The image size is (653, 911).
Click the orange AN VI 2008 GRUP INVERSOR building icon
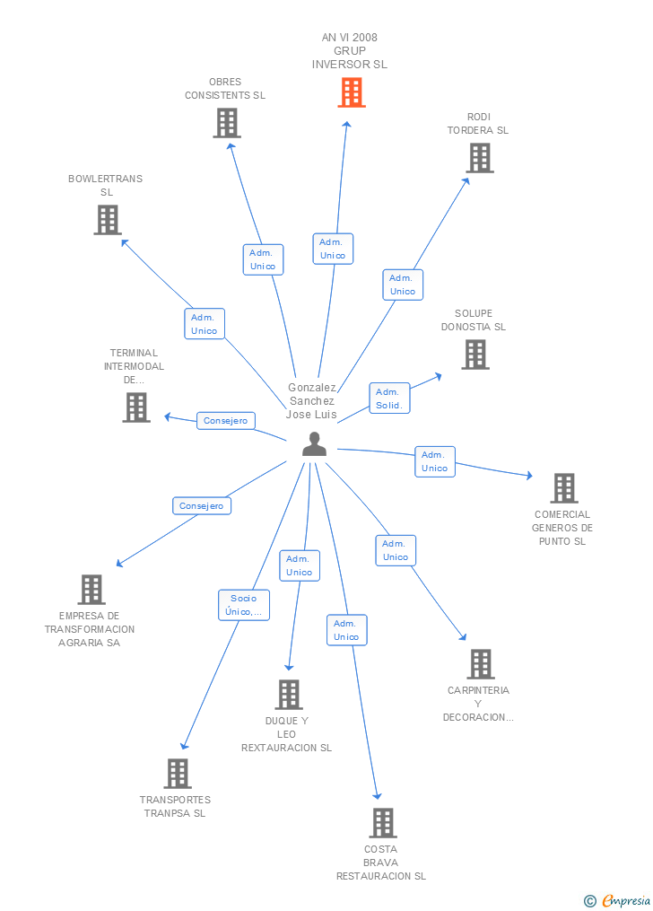pos(352,92)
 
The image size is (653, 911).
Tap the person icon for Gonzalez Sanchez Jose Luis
pos(314,444)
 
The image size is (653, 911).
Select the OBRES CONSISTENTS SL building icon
pos(227,123)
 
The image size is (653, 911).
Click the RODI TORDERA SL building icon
pos(480,158)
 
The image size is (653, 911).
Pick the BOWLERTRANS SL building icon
pos(108,220)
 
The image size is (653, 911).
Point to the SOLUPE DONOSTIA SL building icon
pos(475,355)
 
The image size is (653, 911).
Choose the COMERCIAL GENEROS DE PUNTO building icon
pos(563,488)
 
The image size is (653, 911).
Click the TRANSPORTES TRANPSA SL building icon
pos(178,774)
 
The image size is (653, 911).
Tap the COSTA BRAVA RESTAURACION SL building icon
pos(382,823)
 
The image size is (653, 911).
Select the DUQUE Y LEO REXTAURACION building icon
pos(288,695)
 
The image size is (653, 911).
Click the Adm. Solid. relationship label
pos(388,399)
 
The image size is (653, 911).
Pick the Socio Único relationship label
pos(243,605)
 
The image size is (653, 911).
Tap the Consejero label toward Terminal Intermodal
pos(226,420)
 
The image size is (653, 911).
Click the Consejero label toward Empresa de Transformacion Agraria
pos(202,506)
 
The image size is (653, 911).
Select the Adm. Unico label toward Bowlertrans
pos(204,324)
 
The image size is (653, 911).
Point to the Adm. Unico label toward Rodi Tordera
pos(403,285)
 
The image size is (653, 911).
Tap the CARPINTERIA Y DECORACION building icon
pos(481,664)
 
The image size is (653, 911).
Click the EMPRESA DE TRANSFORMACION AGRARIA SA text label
pos(90,629)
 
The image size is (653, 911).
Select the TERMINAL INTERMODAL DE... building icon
pos(136,407)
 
